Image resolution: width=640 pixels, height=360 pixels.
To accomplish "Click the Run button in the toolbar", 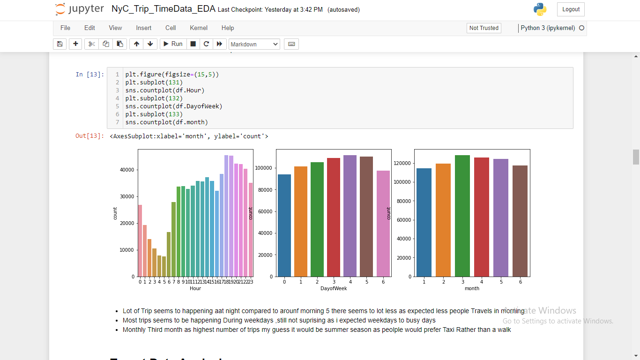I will coord(172,44).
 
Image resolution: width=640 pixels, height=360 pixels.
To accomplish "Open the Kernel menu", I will coord(199,28).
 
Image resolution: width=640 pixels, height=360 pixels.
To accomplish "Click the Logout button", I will coord(571,9).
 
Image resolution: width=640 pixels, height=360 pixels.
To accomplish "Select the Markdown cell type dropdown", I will coord(254,44).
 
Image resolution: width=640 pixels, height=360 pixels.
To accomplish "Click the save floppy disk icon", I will coord(60,44).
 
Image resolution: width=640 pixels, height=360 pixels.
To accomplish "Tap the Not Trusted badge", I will coord(484,28).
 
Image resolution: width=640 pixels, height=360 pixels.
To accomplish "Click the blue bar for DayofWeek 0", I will coord(284,225).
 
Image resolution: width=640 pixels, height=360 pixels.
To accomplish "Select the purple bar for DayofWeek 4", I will coord(350,216).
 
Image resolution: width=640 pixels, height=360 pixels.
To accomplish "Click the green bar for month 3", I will coord(462,216).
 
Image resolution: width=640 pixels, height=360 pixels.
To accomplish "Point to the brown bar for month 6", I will coord(520,221).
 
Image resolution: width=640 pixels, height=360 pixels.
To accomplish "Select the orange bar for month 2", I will coord(443,220).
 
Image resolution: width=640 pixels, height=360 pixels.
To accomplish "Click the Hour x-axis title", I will coord(195,289).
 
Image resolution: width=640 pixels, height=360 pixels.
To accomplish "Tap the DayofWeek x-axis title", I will coord(334,289).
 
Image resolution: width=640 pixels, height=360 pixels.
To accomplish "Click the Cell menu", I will coord(171,28).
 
